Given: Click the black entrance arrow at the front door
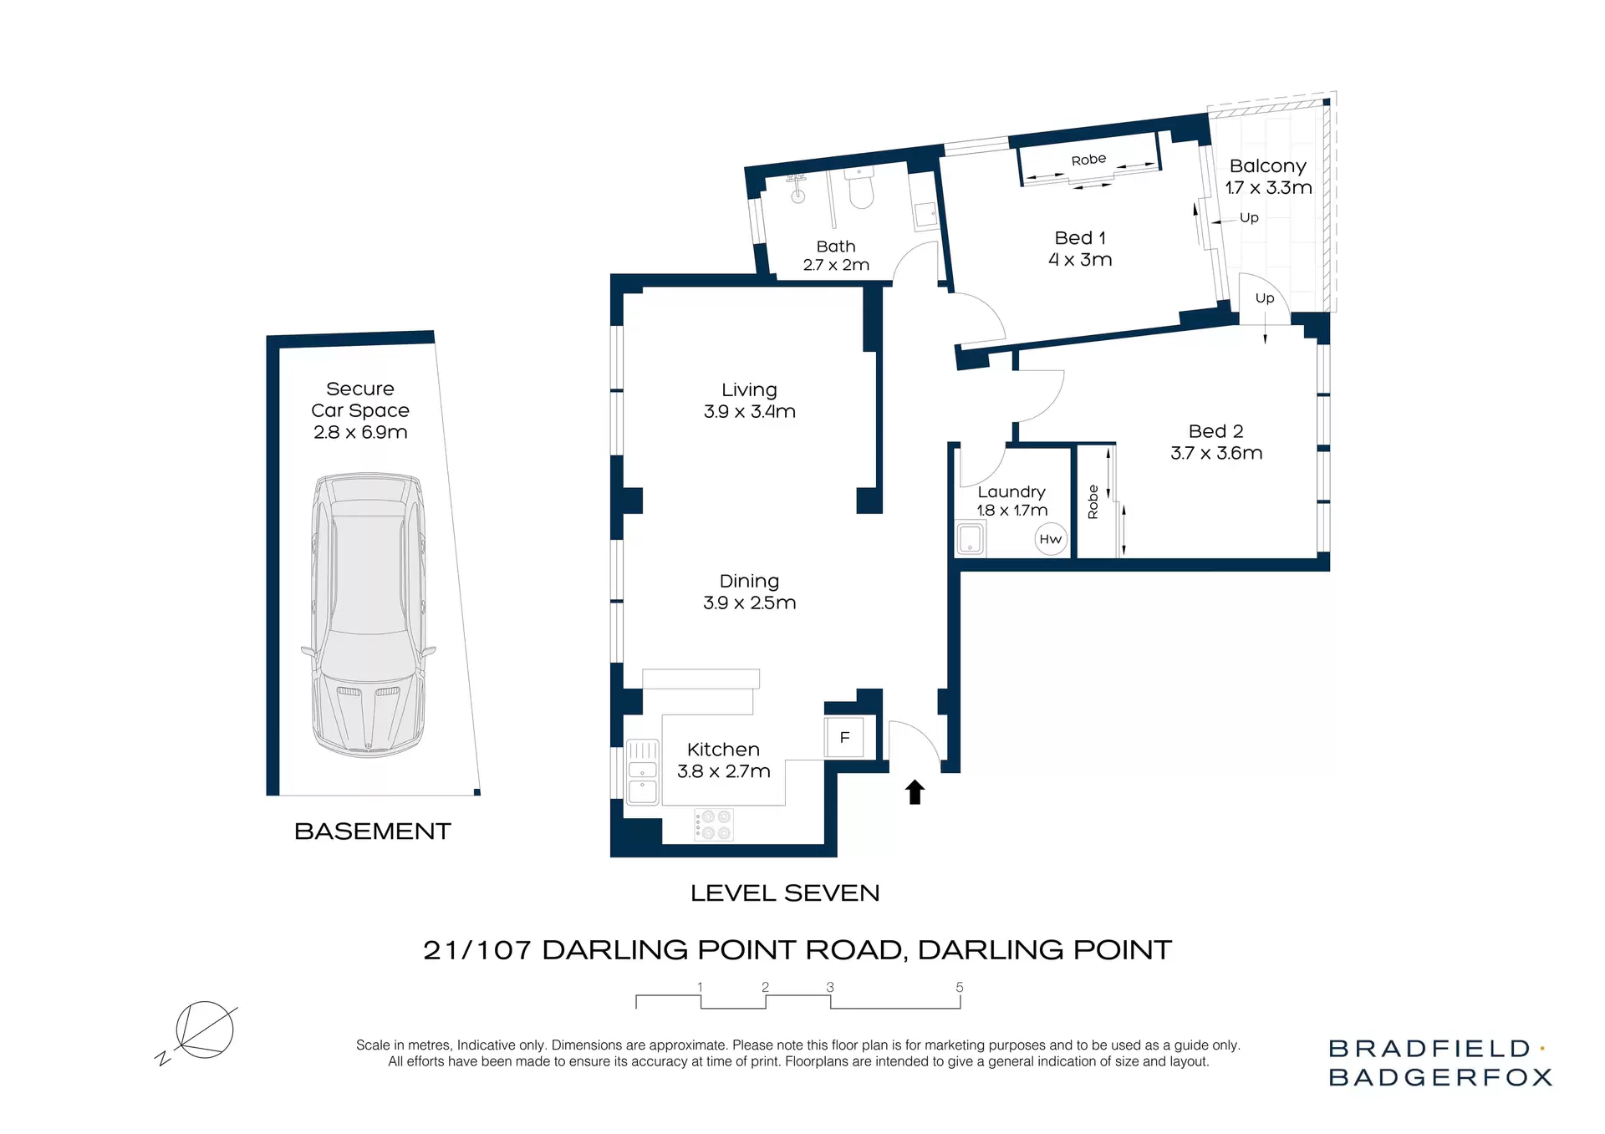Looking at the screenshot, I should (x=915, y=791).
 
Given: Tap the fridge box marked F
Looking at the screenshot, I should (x=844, y=737).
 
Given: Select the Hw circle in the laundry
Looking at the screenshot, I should (x=1050, y=539).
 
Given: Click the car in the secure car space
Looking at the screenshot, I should (x=369, y=614).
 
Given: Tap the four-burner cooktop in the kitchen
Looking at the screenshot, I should (x=714, y=825).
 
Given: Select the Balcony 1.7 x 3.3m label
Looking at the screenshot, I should (x=1268, y=176).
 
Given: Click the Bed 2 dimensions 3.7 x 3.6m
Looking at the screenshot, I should (x=1216, y=453).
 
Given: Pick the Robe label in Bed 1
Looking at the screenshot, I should (x=1088, y=160).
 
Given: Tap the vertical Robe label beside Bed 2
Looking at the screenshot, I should (x=1093, y=502).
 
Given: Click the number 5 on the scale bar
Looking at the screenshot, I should (x=960, y=987).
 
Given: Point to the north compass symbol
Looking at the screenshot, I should (x=202, y=1030).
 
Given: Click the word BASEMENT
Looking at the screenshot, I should (x=372, y=831).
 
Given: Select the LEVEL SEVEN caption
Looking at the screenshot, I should (x=785, y=893).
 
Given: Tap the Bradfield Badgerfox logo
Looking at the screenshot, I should (x=1439, y=1062).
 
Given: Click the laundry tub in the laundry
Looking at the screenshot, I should (x=970, y=538).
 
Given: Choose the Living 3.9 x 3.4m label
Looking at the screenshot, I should (x=749, y=400).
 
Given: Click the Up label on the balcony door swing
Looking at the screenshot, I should (x=1264, y=298).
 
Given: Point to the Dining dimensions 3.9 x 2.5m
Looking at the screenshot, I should (x=749, y=603).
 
